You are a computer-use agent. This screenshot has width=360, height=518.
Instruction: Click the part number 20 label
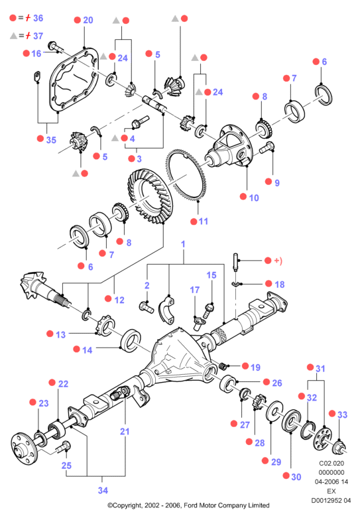tap(88, 20)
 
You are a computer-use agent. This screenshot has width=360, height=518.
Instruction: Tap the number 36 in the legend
tap(38, 18)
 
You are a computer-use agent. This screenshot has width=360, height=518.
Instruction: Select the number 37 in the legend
tap(38, 36)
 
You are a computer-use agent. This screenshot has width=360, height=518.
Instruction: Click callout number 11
tap(203, 222)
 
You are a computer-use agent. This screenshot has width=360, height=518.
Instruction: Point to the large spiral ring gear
tap(150, 196)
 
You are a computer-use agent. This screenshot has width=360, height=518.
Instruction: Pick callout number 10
tap(254, 198)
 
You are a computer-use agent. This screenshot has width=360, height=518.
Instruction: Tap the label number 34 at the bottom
tap(103, 490)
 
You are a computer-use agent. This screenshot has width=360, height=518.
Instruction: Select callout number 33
tap(342, 415)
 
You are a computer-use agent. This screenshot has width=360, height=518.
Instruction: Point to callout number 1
tap(183, 244)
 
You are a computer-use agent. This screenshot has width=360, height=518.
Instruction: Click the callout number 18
tap(279, 285)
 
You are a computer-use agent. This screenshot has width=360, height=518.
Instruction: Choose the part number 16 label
tap(36, 54)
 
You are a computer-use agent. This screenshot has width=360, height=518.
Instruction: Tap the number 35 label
tap(51, 140)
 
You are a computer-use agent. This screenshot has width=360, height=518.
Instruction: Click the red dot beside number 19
tap(245, 365)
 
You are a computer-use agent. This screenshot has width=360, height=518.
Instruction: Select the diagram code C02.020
tap(331, 463)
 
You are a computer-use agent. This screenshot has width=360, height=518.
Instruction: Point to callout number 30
tap(296, 477)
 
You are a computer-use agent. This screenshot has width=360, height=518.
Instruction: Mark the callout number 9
tap(276, 182)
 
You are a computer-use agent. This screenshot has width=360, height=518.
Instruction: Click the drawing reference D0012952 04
tap(331, 500)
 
